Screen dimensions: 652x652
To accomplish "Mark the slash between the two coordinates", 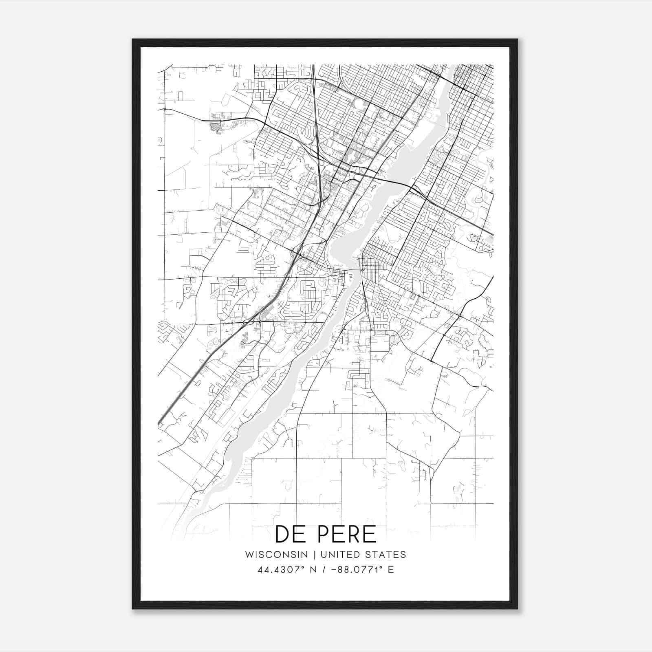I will [324, 570].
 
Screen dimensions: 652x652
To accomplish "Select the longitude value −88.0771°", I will [357, 570].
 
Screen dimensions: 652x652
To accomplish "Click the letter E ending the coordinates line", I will [391, 570].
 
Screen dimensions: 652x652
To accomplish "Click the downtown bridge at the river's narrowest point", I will [353, 270].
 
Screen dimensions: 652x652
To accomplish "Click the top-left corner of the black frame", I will [133, 40].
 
